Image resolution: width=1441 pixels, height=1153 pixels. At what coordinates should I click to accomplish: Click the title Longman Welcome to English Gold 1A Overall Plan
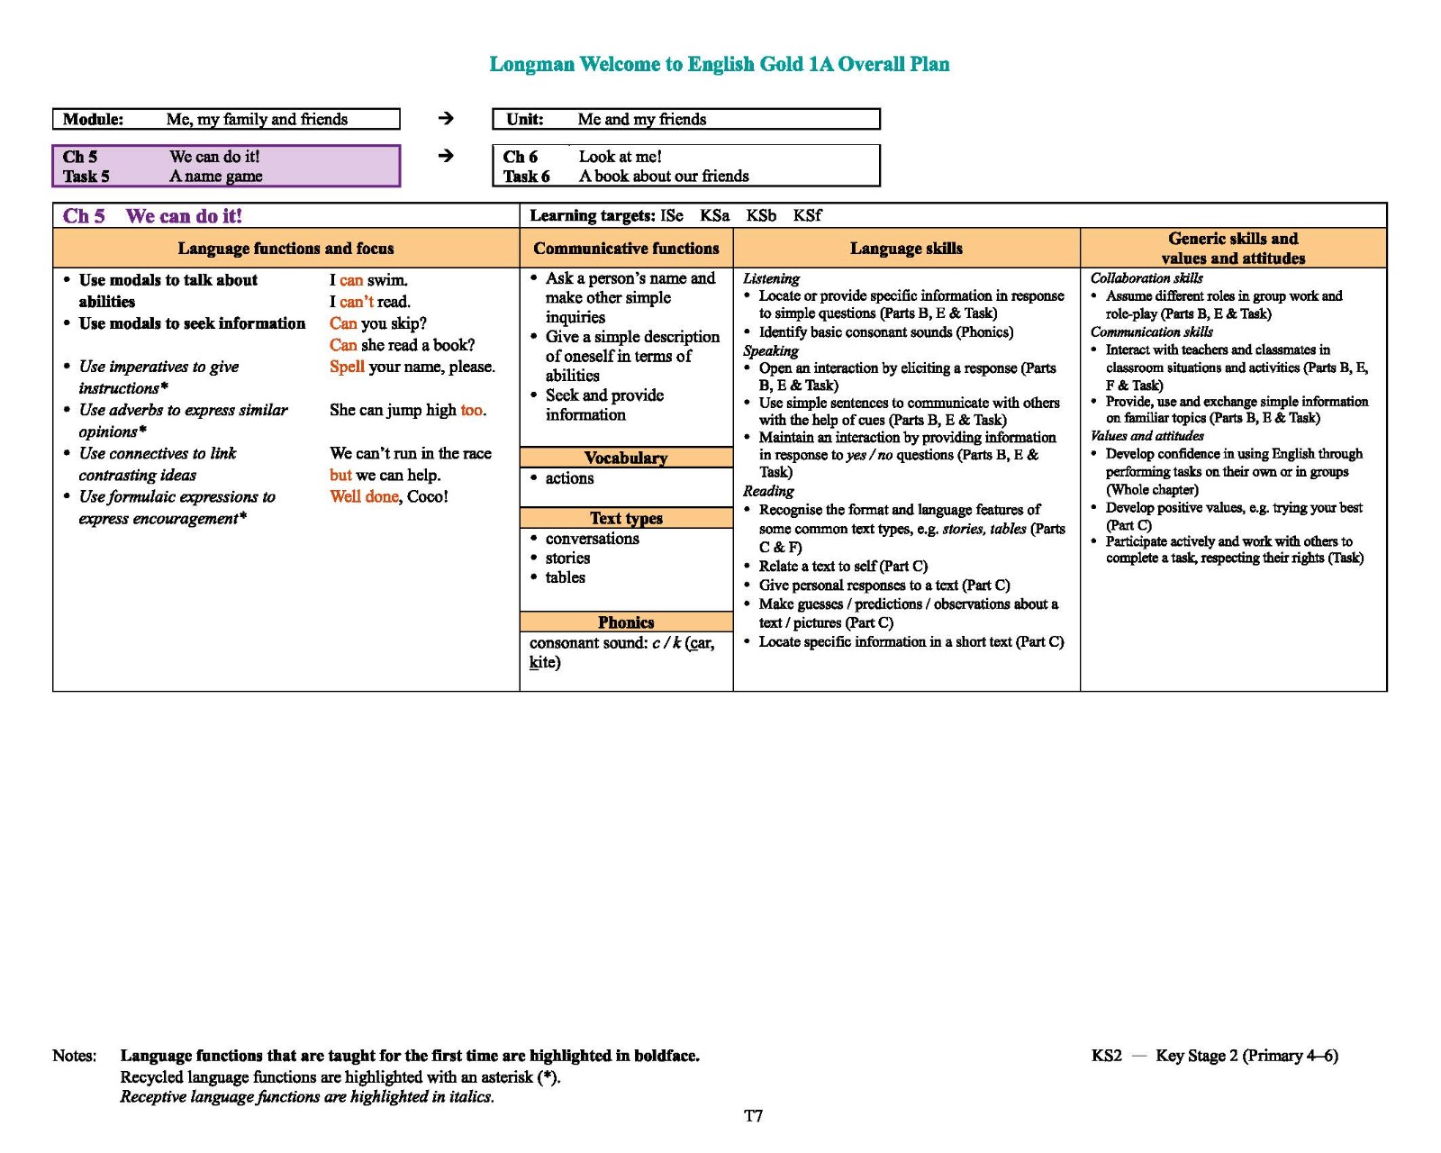(x=719, y=64)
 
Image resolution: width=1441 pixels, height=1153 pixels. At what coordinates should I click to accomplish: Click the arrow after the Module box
(x=446, y=118)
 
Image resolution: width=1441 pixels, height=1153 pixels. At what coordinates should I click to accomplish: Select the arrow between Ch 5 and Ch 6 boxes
(x=446, y=156)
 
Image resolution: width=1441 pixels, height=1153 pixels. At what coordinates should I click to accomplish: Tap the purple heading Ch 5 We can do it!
(x=152, y=216)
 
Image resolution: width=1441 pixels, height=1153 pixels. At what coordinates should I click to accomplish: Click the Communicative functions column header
(x=626, y=249)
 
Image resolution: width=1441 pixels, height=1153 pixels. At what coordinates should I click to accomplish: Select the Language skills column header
(x=906, y=249)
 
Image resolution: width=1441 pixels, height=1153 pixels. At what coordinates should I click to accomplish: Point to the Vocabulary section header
(x=626, y=458)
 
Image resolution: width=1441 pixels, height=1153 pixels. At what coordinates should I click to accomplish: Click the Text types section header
(x=626, y=518)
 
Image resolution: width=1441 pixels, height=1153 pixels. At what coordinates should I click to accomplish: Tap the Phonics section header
(x=626, y=622)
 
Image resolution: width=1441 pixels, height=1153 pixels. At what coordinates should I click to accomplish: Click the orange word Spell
(x=347, y=367)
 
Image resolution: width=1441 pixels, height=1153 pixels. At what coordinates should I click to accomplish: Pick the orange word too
(x=472, y=410)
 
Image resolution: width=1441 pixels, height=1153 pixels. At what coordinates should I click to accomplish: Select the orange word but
(x=340, y=475)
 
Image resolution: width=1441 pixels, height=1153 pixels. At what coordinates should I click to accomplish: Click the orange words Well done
(x=364, y=496)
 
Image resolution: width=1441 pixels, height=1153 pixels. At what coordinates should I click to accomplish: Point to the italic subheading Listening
(x=771, y=278)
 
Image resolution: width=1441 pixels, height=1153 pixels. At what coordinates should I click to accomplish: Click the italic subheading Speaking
(x=771, y=350)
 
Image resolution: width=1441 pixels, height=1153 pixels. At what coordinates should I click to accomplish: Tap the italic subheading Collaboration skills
(x=1146, y=278)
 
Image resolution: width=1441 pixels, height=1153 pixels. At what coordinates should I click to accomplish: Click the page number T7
(x=753, y=1116)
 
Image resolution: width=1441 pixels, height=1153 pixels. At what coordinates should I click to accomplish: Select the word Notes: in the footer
(x=75, y=1056)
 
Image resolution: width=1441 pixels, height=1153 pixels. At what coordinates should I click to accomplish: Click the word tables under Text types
(x=565, y=577)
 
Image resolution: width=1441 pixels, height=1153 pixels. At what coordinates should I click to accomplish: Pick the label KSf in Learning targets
(x=807, y=215)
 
